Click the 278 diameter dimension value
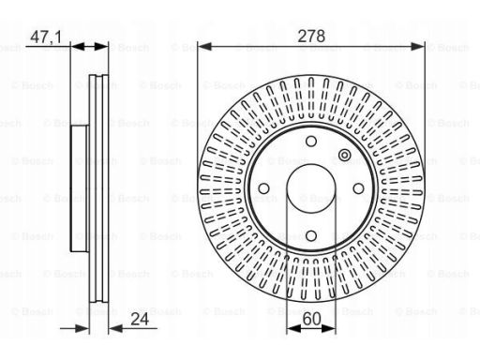311,36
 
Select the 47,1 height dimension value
46,37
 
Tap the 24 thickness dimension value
140,320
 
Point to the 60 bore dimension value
311,320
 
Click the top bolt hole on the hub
311,142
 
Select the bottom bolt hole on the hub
311,236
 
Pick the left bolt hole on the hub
263,188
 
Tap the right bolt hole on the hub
358,188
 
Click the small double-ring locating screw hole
344,155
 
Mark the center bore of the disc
311,188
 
